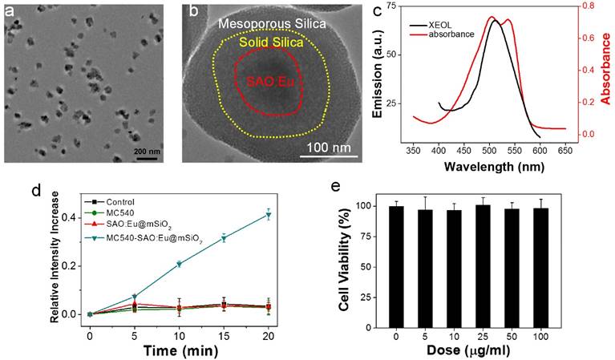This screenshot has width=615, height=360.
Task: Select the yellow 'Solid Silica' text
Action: [x=265, y=42]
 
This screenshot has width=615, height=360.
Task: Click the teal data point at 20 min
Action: [x=269, y=215]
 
